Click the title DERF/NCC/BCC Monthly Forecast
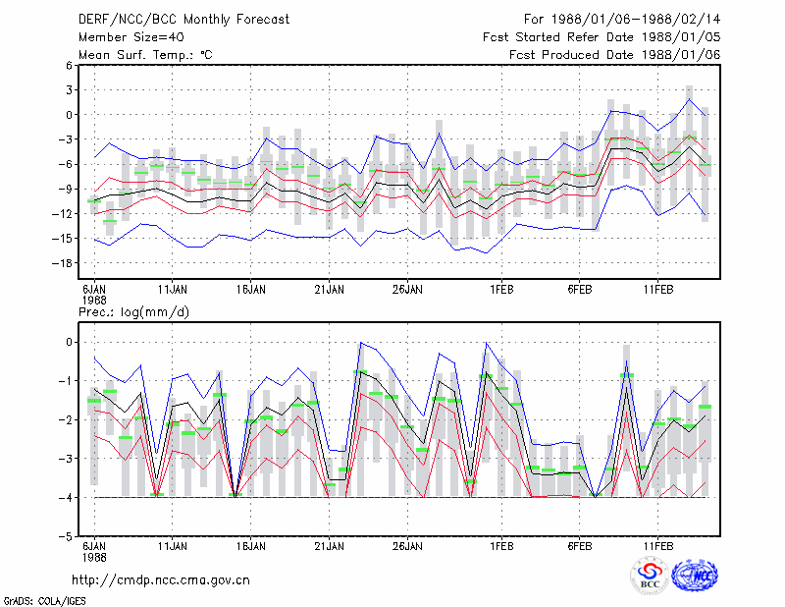183,20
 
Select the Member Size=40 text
131,37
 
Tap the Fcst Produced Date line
615,55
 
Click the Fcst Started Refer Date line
602,37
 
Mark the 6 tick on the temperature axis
69,65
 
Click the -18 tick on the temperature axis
62,263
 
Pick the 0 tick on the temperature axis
69,115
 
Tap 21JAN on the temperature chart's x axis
329,290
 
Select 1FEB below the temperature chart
501,290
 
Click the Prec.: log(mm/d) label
133,312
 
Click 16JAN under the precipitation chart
251,546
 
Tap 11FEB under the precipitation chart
657,546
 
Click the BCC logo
650,576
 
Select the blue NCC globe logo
695,576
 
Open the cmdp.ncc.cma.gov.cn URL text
161,580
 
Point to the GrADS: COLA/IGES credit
44,601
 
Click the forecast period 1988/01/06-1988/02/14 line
622,20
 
